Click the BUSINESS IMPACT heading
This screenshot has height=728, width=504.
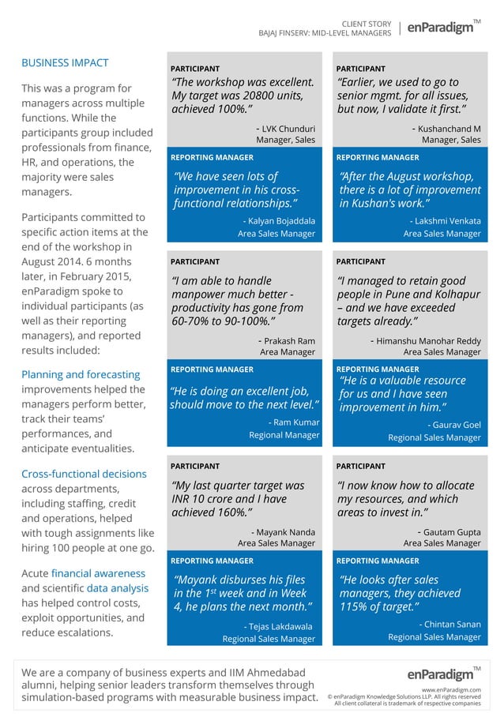65,62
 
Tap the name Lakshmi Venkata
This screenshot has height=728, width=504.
445,221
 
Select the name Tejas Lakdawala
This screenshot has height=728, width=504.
280,626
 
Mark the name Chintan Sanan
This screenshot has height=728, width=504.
449,625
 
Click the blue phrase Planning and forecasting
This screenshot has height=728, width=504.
81,374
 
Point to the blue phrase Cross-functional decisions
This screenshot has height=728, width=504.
84,474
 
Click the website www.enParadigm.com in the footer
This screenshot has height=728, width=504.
451,689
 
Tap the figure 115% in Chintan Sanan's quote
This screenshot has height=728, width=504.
352,606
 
